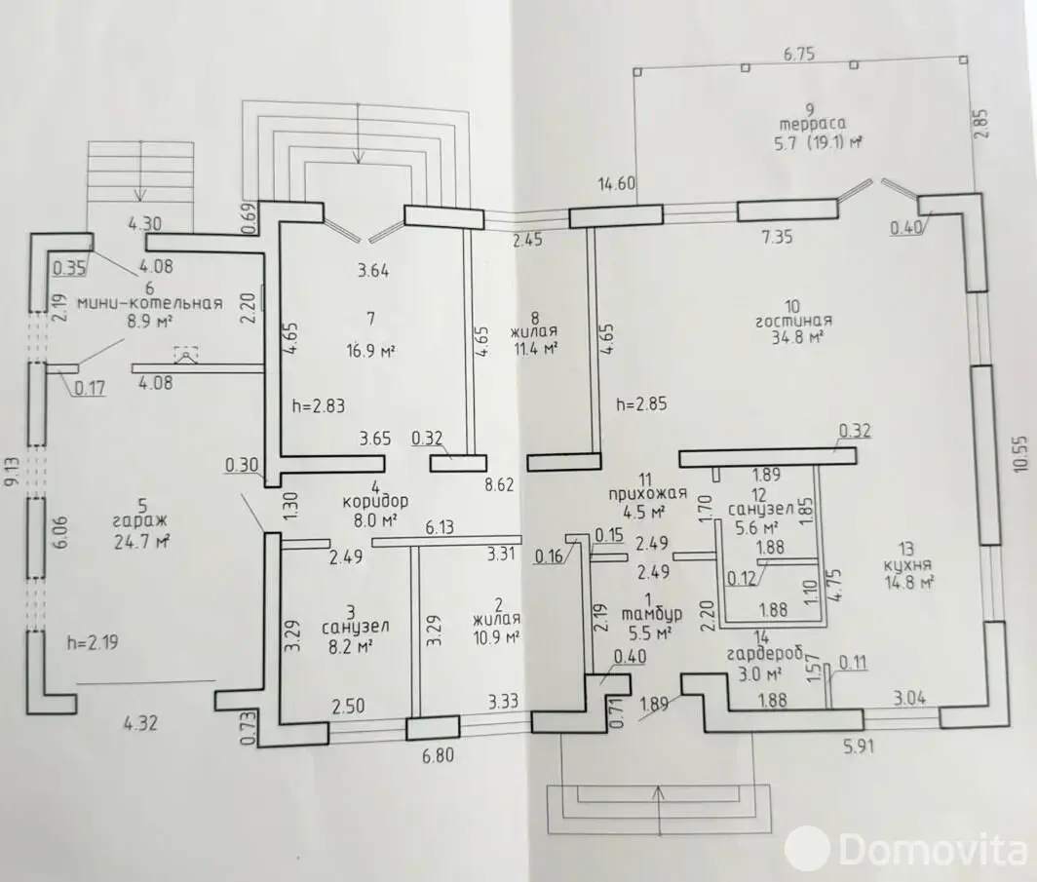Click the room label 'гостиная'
point(793,322)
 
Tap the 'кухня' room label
point(907,565)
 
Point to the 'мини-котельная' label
point(149,303)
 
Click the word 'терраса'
point(813,125)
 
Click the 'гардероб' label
point(764,655)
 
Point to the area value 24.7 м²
point(141,544)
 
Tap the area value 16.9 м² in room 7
point(370,351)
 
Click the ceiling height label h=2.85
point(641,403)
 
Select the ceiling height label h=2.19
point(93,642)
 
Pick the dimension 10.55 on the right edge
point(1020,453)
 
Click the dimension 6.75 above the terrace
point(799,55)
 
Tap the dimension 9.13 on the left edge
point(12,472)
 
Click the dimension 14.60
point(616,183)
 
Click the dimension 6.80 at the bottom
point(438,754)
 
